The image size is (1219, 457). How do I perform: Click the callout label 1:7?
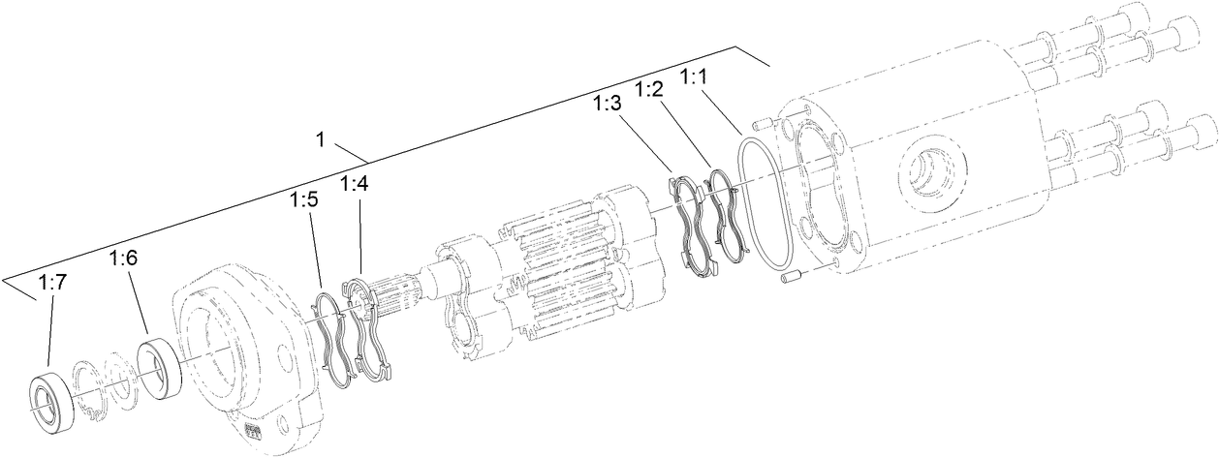coord(52,283)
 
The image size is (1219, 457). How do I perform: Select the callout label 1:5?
coord(303,200)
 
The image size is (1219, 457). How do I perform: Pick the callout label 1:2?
coord(649,90)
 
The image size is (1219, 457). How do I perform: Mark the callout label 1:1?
coord(695,76)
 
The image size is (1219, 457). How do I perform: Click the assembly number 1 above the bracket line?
coord(320,139)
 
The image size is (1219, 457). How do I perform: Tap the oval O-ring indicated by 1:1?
coord(765,201)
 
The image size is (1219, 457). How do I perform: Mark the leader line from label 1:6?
coord(138,301)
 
